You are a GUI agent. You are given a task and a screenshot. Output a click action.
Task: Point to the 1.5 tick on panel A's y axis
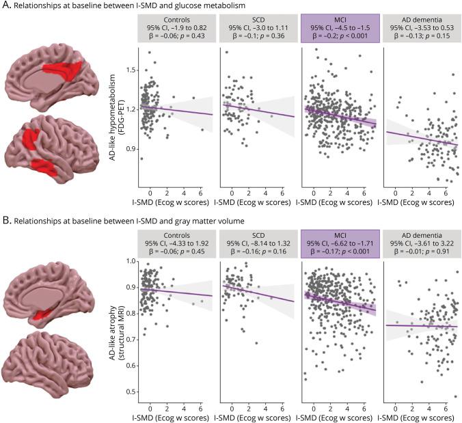point(131,70)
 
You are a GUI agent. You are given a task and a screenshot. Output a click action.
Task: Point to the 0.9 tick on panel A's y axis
point(131,148)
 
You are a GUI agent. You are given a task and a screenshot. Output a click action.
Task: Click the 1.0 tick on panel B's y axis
point(131,261)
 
